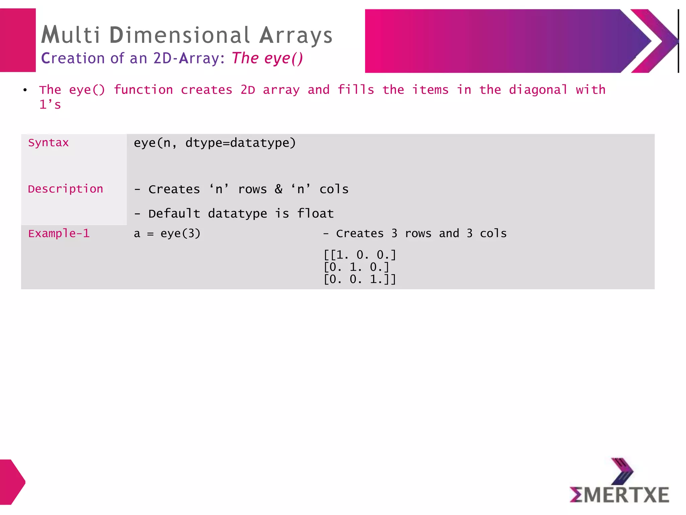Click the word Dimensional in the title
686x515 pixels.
click(179, 35)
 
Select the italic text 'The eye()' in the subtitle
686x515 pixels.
click(267, 58)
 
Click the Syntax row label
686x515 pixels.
click(48, 143)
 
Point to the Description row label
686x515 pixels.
click(65, 189)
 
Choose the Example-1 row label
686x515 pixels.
click(59, 233)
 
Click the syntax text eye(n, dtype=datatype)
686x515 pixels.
click(215, 143)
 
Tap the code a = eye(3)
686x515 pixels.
click(167, 233)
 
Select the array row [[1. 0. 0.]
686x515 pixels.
click(360, 255)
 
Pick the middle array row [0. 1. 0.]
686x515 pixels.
click(356, 267)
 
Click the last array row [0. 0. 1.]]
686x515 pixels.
click(360, 279)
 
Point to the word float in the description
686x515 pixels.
click(316, 214)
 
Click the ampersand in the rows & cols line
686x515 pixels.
click(278, 189)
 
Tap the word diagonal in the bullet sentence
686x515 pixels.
click(538, 90)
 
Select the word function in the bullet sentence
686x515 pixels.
click(143, 90)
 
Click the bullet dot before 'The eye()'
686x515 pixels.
click(25, 90)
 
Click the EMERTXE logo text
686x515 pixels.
click(619, 495)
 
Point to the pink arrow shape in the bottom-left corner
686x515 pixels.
click(12, 482)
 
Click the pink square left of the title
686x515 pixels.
click(18, 40)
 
